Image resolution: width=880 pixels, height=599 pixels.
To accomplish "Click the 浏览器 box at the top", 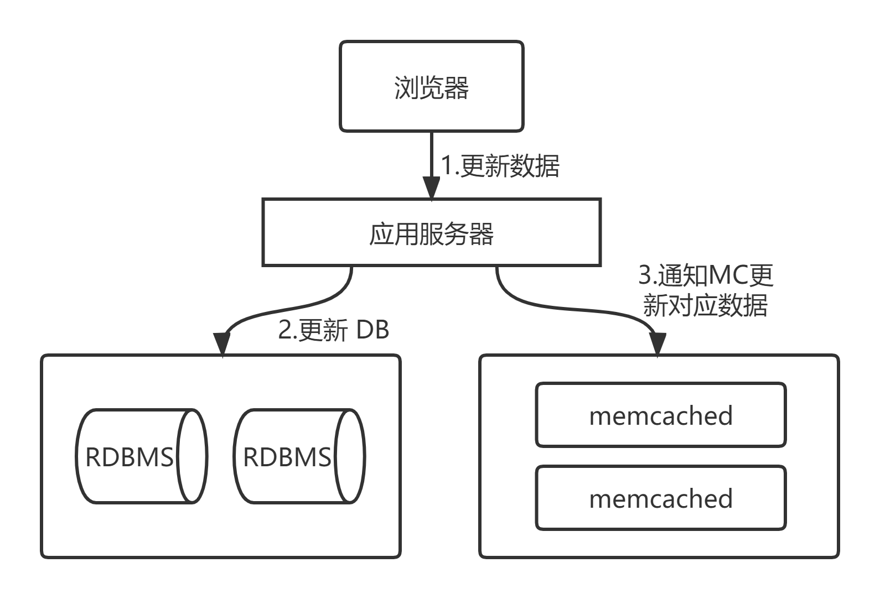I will pyautogui.click(x=431, y=86).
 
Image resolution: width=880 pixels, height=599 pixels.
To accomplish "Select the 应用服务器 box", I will pyautogui.click(x=431, y=233).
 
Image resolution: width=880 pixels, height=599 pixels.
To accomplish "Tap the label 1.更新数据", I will pyautogui.click(x=500, y=166).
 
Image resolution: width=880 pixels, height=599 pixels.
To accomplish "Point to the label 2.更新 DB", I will pyautogui.click(x=333, y=330).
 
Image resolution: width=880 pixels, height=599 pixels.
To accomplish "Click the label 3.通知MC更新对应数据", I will pyautogui.click(x=706, y=290).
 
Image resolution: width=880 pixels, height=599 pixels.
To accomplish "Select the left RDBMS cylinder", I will pyautogui.click(x=130, y=457).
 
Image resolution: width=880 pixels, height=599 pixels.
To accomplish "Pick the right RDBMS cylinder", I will pyautogui.click(x=288, y=457).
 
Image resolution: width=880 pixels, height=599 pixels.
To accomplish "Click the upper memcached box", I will pyautogui.click(x=660, y=415).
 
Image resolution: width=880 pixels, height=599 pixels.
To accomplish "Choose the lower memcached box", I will pyautogui.click(x=660, y=498).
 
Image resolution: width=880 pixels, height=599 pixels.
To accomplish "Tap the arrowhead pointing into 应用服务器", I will pyautogui.click(x=431, y=189).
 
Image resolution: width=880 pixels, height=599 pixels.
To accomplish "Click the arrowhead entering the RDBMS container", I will pyautogui.click(x=221, y=346).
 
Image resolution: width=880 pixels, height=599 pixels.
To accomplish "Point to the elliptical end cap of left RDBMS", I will pyautogui.click(x=191, y=457).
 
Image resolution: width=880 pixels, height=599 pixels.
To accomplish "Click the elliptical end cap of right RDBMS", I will pyautogui.click(x=350, y=457).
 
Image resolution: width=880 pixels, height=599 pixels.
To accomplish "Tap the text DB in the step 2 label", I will pyautogui.click(x=372, y=330).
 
